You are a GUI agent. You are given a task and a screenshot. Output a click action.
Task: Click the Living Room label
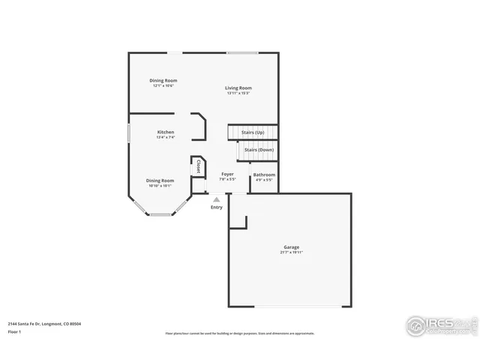pos(238,88)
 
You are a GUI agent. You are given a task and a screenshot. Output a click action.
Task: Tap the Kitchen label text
pos(165,132)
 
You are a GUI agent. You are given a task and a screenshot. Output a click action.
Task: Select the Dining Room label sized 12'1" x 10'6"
pos(163,80)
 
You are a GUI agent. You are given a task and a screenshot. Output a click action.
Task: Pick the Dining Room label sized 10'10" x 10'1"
pos(160,180)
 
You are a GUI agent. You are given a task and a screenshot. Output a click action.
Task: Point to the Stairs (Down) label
pos(259,150)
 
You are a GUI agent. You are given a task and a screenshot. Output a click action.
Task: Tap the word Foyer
pos(227,174)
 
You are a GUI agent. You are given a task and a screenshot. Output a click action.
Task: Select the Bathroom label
pos(264,175)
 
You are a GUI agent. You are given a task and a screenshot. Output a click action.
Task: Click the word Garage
pos(291,247)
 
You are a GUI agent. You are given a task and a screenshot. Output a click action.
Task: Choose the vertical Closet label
pos(198,166)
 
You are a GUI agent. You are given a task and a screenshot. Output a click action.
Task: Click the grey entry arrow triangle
pos(217,199)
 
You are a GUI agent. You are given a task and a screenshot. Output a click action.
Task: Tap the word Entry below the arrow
pos(217,208)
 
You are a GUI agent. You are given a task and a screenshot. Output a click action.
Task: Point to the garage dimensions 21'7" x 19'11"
pos(291,252)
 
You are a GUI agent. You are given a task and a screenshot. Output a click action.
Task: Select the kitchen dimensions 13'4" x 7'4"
pos(165,137)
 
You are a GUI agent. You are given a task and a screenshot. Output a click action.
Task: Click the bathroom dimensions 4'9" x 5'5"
pos(264,180)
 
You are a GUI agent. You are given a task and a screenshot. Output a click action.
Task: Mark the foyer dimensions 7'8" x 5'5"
pos(227,179)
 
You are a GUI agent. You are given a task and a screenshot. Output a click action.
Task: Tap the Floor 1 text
pos(14,331)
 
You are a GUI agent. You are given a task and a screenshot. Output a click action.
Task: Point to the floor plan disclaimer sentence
pos(240,333)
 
